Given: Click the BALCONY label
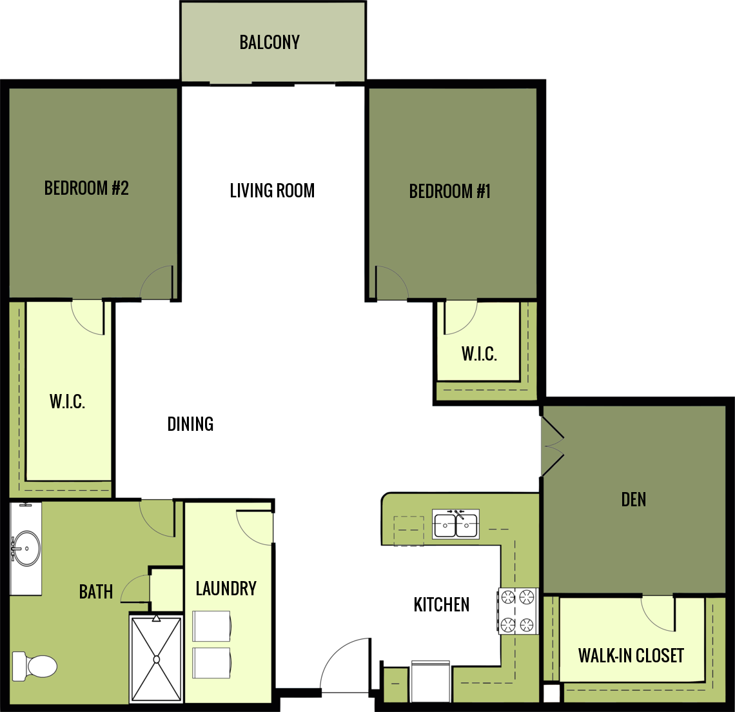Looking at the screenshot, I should (269, 43).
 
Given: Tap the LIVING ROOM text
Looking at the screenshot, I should (272, 191).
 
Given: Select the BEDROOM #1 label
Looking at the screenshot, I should (449, 192).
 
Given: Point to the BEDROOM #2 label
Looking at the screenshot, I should (86, 188).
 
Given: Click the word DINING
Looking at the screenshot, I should (190, 424).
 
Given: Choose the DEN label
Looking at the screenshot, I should (633, 500).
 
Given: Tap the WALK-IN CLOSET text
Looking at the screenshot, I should (631, 656).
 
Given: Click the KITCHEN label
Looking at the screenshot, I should (442, 605).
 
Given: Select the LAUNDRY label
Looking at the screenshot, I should (226, 589).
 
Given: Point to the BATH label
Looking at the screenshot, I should (96, 592).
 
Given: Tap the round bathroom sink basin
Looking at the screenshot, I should (26, 548).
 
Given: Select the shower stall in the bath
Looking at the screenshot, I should (156, 658).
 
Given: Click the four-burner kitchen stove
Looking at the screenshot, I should (518, 611).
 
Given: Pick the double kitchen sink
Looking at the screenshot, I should (456, 525).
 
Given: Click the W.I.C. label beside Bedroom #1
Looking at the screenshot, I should (479, 354).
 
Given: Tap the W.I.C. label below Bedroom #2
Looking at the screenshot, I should (67, 402).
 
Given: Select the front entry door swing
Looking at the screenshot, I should (346, 664).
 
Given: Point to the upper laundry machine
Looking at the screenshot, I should (211, 626).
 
